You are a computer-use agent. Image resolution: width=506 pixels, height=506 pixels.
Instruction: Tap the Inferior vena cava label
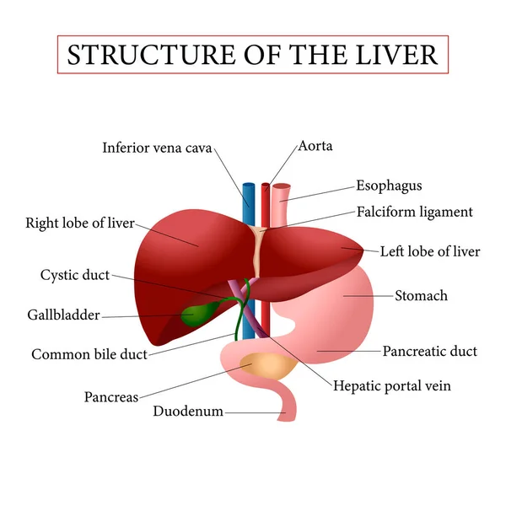point(157,148)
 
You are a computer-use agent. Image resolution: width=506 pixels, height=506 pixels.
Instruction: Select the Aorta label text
point(315,146)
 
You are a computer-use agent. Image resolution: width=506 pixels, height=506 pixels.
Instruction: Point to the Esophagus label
point(389,186)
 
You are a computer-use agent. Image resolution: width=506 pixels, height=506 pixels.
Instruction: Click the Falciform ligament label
point(414,213)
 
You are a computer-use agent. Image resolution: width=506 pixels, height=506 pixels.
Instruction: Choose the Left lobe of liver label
point(430,251)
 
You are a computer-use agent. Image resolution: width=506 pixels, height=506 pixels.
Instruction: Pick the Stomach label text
point(421,296)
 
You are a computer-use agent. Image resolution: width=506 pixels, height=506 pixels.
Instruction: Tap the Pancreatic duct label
point(430,351)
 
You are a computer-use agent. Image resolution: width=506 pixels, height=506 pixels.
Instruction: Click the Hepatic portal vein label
point(392,385)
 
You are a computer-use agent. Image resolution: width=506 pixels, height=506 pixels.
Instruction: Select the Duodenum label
point(188,412)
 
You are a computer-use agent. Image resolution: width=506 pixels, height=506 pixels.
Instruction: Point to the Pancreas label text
point(111,397)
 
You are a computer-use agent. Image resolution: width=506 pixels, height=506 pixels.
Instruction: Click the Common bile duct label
point(89,354)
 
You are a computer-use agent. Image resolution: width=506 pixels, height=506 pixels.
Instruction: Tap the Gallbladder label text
point(63,315)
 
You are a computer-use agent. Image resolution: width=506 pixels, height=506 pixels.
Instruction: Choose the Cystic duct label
point(75,275)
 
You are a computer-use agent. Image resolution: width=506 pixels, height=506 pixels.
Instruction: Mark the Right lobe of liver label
point(80,223)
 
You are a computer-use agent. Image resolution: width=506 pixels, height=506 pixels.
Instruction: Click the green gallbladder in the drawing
point(196,313)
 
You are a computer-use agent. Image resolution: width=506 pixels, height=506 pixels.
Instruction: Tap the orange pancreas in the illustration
point(268,366)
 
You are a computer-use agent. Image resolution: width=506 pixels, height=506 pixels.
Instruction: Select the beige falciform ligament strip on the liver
point(258,252)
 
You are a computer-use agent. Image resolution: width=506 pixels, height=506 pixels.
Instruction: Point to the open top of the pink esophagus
point(281,186)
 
